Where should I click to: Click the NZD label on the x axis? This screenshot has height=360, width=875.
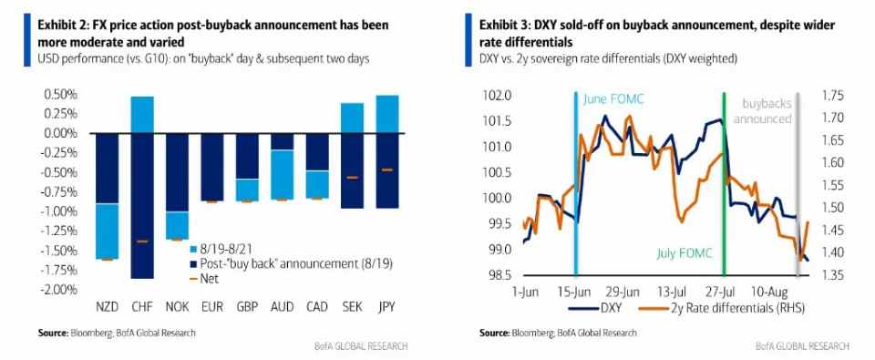(108, 307)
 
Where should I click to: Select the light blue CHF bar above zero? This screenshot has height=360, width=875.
(141, 115)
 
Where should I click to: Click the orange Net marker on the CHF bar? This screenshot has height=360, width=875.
(142, 242)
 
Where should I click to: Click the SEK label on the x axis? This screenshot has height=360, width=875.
(349, 307)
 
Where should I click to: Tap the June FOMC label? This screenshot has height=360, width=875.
(613, 99)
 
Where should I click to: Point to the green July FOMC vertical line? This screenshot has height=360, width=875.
(724, 183)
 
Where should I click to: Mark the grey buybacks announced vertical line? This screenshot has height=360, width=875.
(797, 183)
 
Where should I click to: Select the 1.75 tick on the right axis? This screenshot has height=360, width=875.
(834, 96)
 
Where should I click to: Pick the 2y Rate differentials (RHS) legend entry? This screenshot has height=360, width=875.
(720, 307)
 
